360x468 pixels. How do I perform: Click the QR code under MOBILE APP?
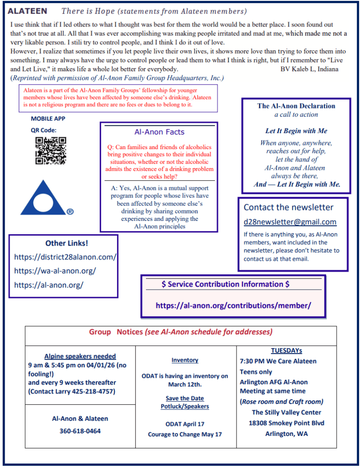[x=51, y=151]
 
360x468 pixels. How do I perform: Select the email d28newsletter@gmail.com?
[x=290, y=222]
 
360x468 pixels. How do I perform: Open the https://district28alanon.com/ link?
[x=65, y=257]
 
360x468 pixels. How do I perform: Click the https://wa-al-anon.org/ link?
[x=55, y=271]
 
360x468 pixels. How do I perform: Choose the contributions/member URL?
[x=233, y=305]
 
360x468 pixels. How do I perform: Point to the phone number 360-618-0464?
[x=80, y=431]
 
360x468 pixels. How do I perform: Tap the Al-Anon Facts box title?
[x=159, y=132]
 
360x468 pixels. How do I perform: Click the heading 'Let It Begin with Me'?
[x=296, y=131]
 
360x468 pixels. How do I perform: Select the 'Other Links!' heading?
[x=67, y=243]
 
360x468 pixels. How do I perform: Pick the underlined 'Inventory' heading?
[x=185, y=360]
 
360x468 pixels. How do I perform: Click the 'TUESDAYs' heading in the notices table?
[x=286, y=351]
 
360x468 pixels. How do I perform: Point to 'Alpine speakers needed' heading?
[x=80, y=356]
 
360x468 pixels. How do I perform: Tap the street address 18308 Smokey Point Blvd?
[x=286, y=423]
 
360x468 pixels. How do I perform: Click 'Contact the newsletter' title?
[x=289, y=207]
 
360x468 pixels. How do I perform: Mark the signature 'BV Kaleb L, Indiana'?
[x=309, y=69]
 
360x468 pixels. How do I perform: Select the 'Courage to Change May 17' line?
[x=185, y=434]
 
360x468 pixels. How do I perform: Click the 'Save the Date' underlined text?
[x=185, y=398]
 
